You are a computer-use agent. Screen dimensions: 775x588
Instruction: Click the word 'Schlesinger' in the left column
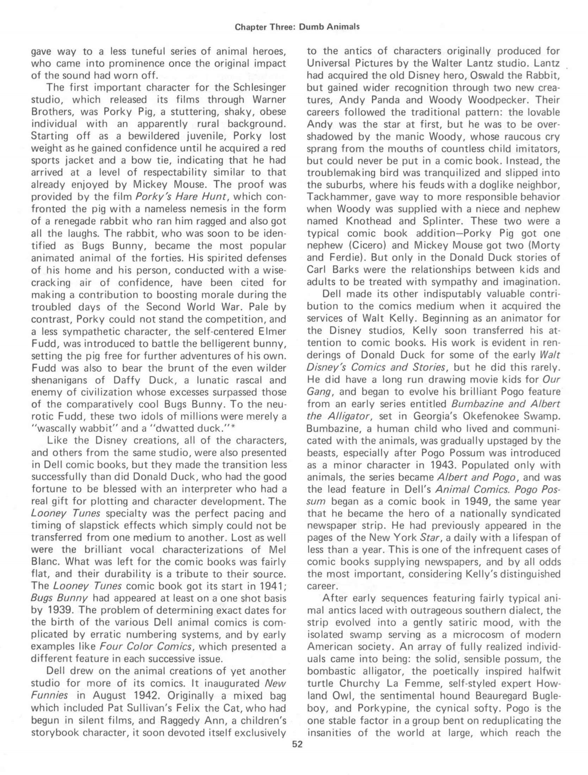(x=257, y=87)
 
